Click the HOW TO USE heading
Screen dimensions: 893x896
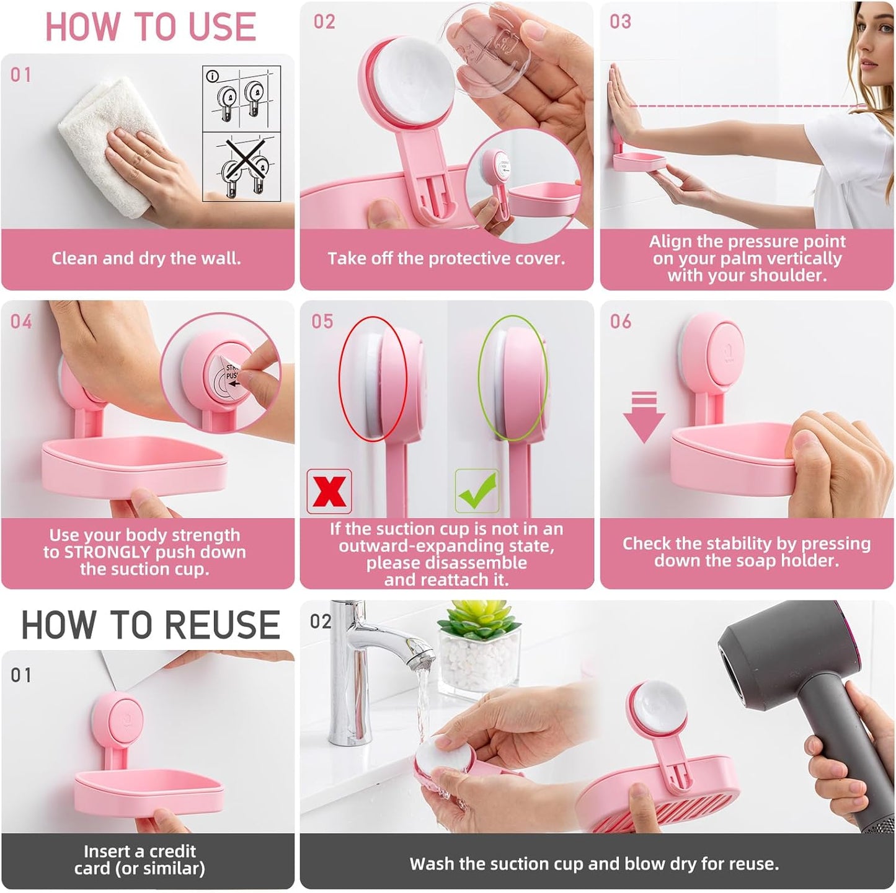(x=150, y=27)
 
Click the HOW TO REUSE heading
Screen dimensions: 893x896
(x=150, y=625)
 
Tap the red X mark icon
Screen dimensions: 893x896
(x=329, y=491)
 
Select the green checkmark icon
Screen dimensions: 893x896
(x=477, y=491)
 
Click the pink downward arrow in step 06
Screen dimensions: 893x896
(x=644, y=417)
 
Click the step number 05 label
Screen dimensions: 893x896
(x=322, y=321)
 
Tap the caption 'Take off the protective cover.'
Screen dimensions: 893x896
(x=446, y=258)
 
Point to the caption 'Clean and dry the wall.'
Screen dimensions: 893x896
(x=146, y=258)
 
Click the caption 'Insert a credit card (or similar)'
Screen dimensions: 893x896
(x=140, y=860)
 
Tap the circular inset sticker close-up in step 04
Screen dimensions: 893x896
(x=221, y=372)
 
